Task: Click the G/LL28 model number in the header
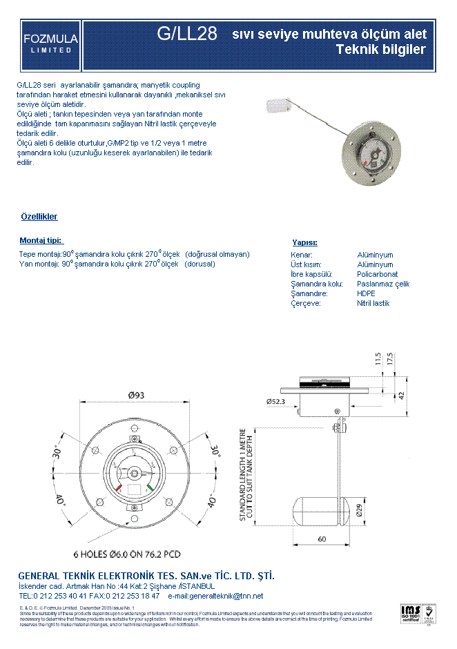(x=188, y=33)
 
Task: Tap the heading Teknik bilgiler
(x=380, y=50)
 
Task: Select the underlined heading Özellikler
(x=39, y=217)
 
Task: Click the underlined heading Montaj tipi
(x=41, y=240)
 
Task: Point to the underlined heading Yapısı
(x=304, y=242)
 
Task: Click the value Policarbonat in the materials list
(x=377, y=274)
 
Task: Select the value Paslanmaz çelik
(x=383, y=284)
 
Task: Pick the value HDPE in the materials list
(x=366, y=293)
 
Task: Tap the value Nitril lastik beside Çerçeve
(x=373, y=303)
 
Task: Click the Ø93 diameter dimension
(x=136, y=396)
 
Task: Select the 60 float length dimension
(x=322, y=539)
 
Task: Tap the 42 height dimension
(x=400, y=394)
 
